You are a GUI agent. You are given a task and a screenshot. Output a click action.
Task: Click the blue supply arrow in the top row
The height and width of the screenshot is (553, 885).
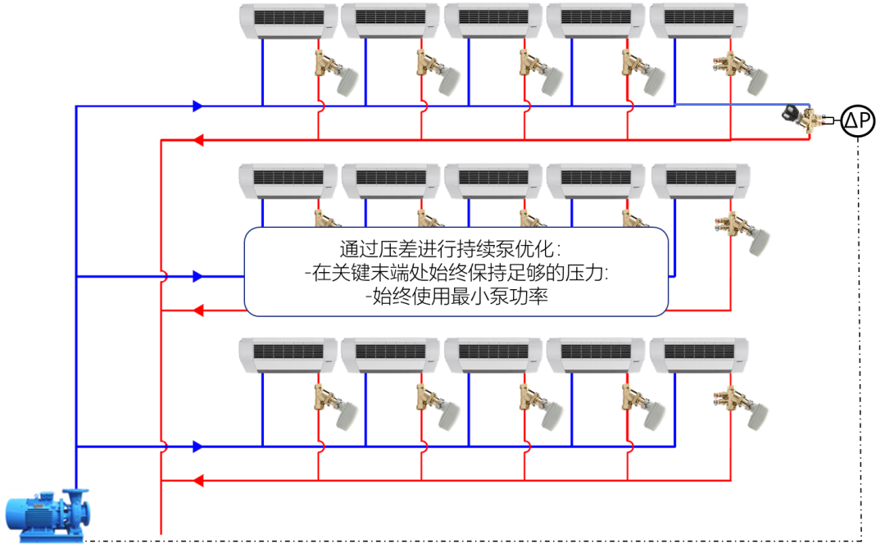pyautogui.click(x=197, y=106)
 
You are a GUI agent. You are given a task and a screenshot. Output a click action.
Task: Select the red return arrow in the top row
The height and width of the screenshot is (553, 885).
pyautogui.click(x=197, y=140)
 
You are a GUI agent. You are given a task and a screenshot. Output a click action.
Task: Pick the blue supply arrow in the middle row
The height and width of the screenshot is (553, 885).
pyautogui.click(x=197, y=277)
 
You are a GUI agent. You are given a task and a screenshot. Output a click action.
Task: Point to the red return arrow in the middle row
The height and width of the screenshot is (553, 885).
pyautogui.click(x=197, y=311)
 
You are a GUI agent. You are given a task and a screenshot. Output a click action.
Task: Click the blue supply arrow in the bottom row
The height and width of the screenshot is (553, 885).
pyautogui.click(x=197, y=446)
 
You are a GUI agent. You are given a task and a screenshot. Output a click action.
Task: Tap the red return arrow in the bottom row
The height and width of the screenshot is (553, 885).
pyautogui.click(x=197, y=481)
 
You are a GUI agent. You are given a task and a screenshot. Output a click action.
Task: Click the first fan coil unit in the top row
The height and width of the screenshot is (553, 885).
pyautogui.click(x=288, y=20)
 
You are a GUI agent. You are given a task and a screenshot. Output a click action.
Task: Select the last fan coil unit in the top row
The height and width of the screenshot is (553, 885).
pyautogui.click(x=700, y=20)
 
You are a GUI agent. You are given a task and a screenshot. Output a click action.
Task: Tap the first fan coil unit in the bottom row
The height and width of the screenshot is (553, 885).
pyautogui.click(x=288, y=355)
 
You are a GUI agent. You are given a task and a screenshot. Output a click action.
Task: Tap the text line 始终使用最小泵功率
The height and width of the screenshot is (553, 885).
pyautogui.click(x=456, y=297)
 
